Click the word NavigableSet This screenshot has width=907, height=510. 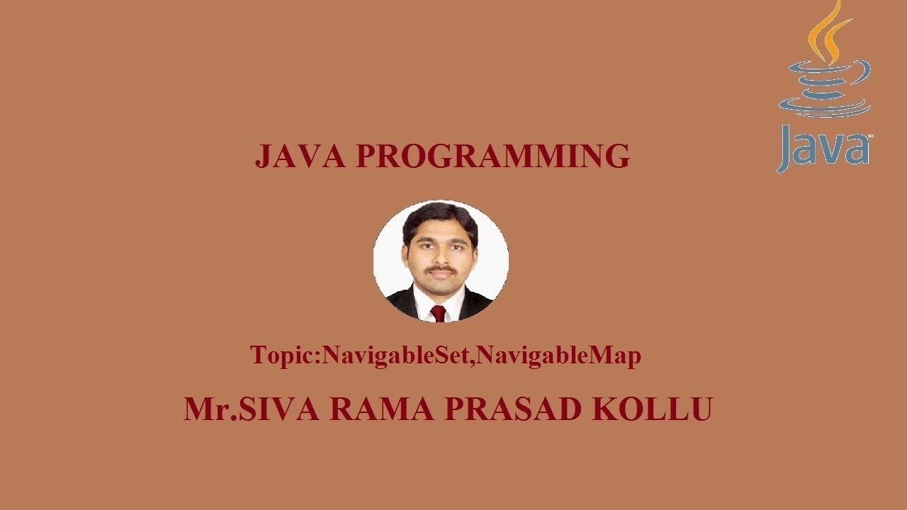click(x=395, y=355)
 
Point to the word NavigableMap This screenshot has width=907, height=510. click(x=558, y=355)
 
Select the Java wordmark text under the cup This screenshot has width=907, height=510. click(x=824, y=149)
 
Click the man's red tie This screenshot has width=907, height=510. click(x=439, y=313)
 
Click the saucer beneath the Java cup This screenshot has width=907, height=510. click(x=826, y=110)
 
